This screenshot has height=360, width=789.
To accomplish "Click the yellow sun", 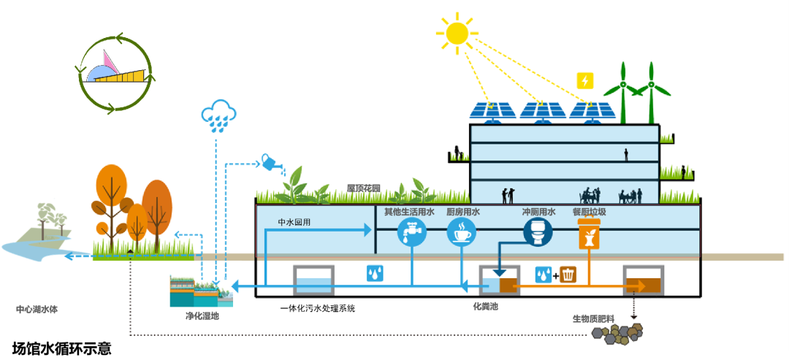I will click(457, 32).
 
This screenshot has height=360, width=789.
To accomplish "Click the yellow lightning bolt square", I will click(585, 80).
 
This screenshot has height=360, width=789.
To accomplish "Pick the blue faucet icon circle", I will click(411, 233).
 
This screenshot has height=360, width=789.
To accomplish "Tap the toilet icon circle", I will click(538, 232).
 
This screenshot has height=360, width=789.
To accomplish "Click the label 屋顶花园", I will click(364, 188).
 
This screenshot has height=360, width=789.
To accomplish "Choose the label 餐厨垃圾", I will click(589, 212).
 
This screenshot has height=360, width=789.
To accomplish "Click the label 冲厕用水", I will click(538, 212).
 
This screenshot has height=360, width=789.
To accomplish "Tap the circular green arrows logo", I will click(117, 73).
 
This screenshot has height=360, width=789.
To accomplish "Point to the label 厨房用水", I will click(462, 212).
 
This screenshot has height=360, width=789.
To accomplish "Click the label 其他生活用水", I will click(409, 212).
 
